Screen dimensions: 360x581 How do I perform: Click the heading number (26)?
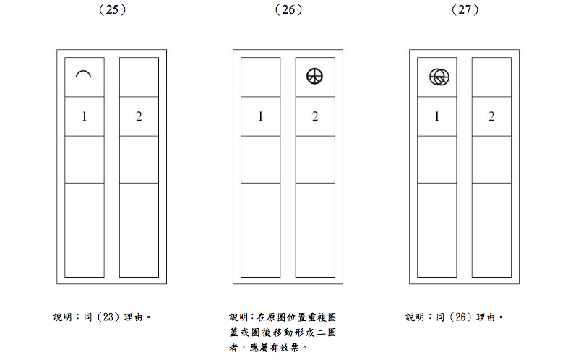(288, 9)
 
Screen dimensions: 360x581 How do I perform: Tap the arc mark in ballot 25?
(85, 74)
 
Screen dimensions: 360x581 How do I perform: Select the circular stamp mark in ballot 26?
(314, 76)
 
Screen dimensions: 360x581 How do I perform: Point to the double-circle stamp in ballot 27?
(439, 76)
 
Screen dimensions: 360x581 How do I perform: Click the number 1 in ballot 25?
(85, 116)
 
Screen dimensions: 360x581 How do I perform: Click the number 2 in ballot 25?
(139, 116)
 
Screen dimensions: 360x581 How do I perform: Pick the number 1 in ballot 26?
(260, 116)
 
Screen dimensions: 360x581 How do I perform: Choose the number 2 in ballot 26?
(315, 116)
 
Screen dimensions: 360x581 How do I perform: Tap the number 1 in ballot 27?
(436, 116)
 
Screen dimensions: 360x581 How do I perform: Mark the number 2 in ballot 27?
(491, 116)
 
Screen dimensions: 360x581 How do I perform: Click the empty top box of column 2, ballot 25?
(139, 77)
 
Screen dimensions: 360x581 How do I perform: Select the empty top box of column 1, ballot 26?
(260, 77)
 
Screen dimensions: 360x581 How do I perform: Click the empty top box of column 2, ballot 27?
(491, 77)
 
